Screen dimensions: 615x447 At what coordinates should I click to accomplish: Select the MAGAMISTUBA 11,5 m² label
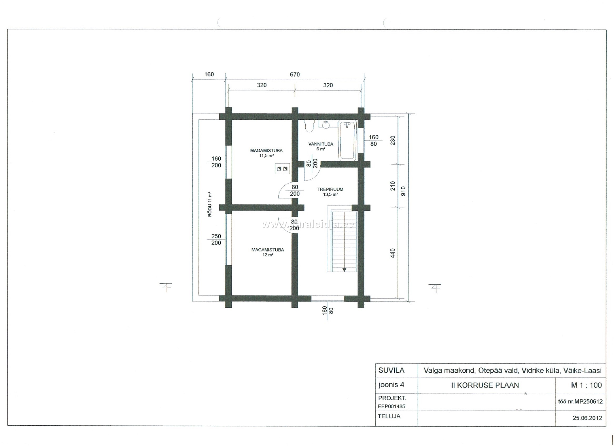click(x=266, y=153)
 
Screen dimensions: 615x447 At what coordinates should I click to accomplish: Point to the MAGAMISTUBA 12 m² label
click(x=268, y=252)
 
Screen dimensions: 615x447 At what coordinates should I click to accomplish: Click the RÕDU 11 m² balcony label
click(x=209, y=204)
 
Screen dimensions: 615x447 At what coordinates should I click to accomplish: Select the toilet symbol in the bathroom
click(x=309, y=126)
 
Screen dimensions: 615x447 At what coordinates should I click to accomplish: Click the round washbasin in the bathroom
click(x=326, y=124)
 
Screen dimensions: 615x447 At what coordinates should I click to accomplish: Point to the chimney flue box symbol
click(x=282, y=169)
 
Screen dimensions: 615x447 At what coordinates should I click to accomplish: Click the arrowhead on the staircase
click(x=344, y=270)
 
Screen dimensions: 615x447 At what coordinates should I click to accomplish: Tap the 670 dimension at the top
click(x=295, y=74)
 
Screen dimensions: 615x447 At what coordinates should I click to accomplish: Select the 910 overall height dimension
click(x=403, y=191)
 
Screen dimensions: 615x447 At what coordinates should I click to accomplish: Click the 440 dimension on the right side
click(x=393, y=253)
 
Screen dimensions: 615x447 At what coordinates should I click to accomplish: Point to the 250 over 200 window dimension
click(x=216, y=239)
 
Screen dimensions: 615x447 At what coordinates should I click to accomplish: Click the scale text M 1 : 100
click(x=586, y=385)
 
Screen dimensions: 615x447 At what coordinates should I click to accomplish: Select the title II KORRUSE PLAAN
click(x=485, y=385)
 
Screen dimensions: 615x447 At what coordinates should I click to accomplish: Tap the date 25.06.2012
click(x=587, y=418)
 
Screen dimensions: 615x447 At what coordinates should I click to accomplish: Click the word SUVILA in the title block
click(x=391, y=370)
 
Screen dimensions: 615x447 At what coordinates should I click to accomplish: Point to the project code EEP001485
click(x=392, y=406)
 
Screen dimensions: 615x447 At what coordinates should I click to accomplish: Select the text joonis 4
click(x=391, y=385)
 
